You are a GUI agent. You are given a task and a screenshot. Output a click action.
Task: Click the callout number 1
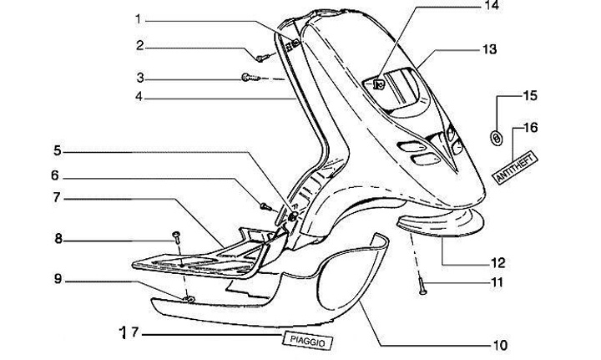[x=140, y=18]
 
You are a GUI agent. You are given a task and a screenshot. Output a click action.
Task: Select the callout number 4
[x=140, y=97]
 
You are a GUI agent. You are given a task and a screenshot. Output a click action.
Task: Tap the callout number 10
[x=500, y=344]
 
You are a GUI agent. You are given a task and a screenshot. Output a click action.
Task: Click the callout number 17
[x=127, y=332]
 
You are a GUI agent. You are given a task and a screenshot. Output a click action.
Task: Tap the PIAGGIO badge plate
[x=307, y=340]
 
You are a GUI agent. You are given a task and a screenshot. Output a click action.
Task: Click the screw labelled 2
[x=261, y=58]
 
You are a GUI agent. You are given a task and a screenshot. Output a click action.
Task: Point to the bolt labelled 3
[x=247, y=78]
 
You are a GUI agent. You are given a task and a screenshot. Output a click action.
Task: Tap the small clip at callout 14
[x=377, y=83]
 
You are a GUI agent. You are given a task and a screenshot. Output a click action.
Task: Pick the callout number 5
[x=58, y=151]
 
